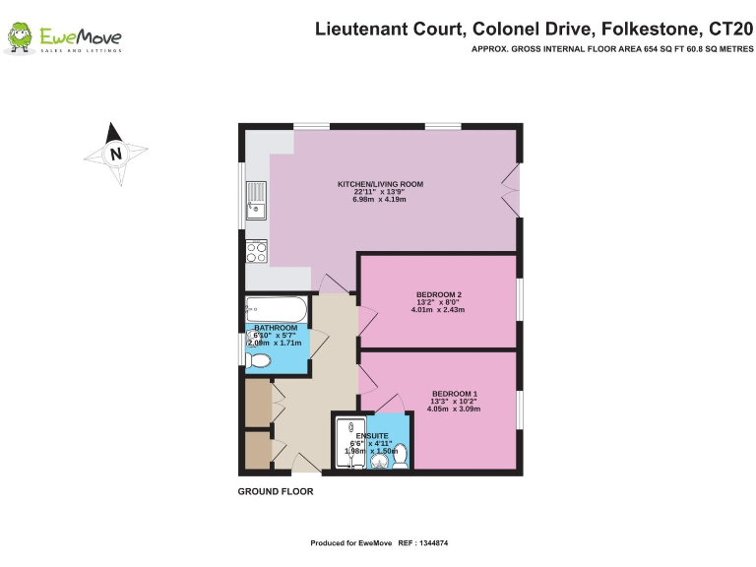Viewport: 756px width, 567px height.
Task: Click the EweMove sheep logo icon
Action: click(x=20, y=38)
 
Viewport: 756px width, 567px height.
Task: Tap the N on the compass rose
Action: click(x=116, y=154)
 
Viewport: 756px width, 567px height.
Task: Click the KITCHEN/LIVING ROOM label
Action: click(x=380, y=184)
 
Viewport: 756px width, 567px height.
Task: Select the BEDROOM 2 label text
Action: click(x=439, y=294)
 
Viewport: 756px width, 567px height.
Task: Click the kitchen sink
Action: click(x=255, y=200)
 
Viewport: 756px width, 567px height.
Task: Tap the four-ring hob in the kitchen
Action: click(x=256, y=251)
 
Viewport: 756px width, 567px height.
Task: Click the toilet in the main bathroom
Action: click(x=257, y=361)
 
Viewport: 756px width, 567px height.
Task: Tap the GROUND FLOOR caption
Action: click(x=276, y=491)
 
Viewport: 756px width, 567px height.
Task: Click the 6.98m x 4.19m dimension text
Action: click(x=380, y=200)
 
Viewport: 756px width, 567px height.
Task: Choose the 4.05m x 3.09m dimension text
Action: click(x=454, y=409)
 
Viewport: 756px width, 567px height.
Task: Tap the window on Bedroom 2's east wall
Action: click(x=519, y=300)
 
